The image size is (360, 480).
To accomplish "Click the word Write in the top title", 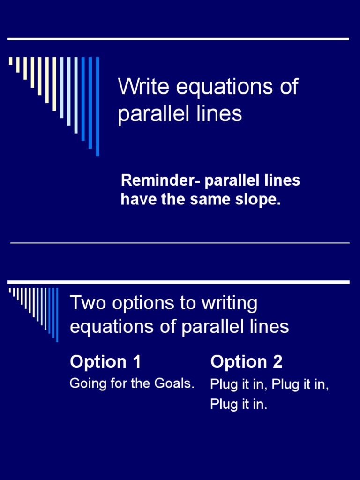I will (139, 87).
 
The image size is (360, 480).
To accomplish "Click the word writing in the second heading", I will (230, 304).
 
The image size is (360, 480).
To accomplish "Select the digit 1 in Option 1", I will (136, 362).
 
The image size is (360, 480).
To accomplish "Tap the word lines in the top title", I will (222, 113).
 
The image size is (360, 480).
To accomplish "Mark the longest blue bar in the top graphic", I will (97, 106).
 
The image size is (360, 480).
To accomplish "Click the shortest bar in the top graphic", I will (11, 61).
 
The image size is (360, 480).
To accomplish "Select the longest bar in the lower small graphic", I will (57, 315).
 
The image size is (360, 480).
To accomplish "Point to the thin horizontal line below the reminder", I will (180, 243).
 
